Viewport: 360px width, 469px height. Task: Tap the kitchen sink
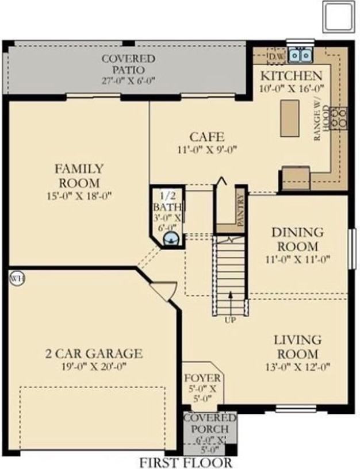(300, 56)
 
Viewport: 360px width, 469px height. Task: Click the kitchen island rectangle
(289, 118)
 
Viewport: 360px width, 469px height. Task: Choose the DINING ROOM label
(297, 239)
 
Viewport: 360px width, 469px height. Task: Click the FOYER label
(202, 378)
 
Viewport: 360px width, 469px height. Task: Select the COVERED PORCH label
(210, 423)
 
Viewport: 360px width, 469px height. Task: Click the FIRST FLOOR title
(186, 462)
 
